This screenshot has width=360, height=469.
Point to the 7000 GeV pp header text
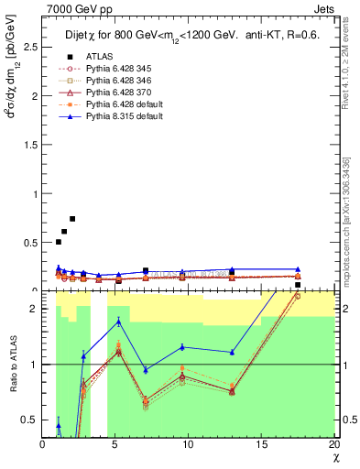(x=72, y=8)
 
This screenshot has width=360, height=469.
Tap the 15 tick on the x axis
(x=262, y=445)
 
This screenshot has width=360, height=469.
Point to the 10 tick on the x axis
(x=189, y=445)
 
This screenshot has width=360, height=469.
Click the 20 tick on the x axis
(x=334, y=445)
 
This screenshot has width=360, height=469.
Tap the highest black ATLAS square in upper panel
(x=72, y=219)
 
